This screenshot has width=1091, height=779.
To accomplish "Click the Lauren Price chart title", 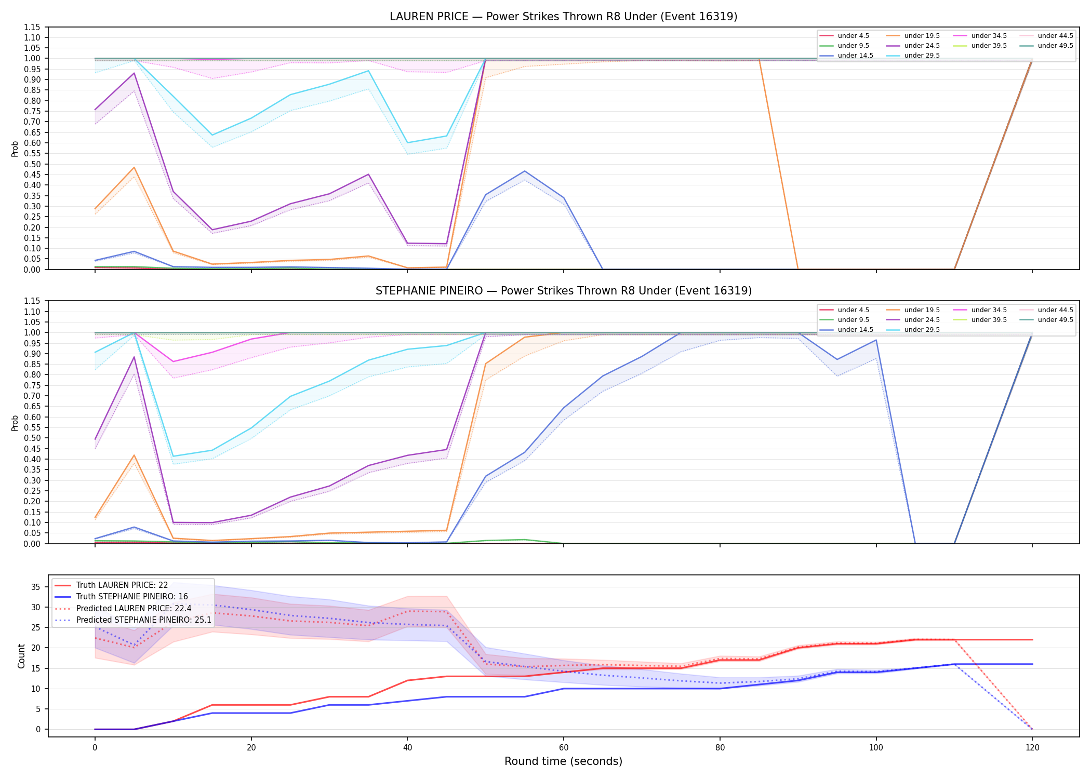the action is point(563,17).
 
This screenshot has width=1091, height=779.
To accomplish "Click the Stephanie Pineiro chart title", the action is point(563,291).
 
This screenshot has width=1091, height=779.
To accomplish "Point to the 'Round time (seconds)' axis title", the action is point(563,761).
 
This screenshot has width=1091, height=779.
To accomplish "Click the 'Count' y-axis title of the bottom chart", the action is point(21,656).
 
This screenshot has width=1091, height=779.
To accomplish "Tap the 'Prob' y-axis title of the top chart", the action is point(15,149).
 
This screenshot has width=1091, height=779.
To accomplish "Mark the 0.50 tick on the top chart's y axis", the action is point(32,164).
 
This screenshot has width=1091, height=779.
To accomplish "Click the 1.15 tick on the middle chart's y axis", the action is point(32,301).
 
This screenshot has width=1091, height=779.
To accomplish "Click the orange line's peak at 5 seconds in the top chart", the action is point(134,167).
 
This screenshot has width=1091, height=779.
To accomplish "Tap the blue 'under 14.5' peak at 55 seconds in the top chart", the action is point(525,171).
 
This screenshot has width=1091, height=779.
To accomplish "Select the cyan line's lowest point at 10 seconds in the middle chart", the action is point(173,456).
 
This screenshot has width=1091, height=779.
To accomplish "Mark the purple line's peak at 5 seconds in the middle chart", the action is point(134,357).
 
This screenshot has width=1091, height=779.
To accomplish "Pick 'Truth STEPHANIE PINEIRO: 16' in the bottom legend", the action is point(132,597).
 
